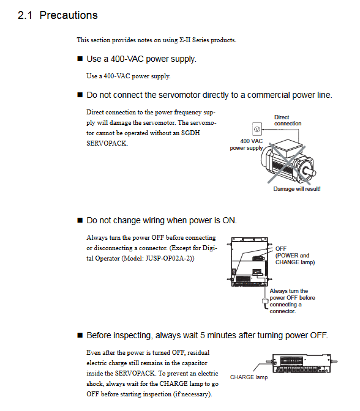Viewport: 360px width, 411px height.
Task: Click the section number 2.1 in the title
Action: click(x=25, y=15)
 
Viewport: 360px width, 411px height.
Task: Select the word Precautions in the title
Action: click(x=69, y=15)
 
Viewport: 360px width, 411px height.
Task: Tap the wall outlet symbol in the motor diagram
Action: click(x=257, y=129)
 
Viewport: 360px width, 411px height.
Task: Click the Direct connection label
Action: click(x=288, y=120)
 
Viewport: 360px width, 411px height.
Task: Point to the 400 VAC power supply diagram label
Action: click(x=246, y=144)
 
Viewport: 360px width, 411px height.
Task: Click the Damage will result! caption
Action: click(x=297, y=189)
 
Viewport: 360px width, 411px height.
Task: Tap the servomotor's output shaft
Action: click(x=310, y=172)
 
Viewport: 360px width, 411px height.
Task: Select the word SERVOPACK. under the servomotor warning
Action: click(x=107, y=143)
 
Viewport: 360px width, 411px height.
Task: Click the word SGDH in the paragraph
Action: click(x=190, y=133)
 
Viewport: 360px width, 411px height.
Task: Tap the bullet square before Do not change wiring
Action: click(x=80, y=220)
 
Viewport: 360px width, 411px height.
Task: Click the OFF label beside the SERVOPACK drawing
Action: click(x=281, y=248)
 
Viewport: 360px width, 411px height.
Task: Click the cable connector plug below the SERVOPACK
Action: click(x=265, y=302)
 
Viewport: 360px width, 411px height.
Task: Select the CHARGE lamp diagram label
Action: click(x=249, y=377)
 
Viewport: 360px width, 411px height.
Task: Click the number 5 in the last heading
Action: click(x=203, y=335)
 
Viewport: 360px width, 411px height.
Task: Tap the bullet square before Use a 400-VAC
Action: click(x=80, y=59)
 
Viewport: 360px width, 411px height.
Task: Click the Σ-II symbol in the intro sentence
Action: click(x=185, y=40)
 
